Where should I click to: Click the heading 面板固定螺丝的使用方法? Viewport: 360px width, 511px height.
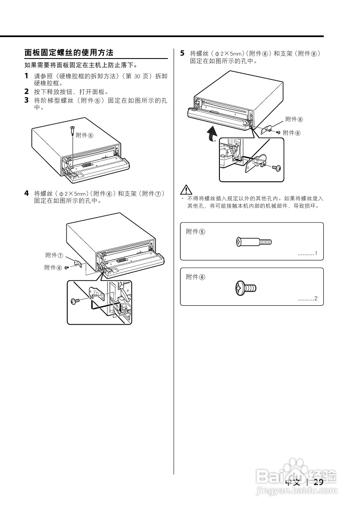(69, 53)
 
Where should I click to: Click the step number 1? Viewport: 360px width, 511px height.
(26, 76)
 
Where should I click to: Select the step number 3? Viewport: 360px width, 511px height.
(26, 100)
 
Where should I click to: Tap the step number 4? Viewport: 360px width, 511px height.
(26, 193)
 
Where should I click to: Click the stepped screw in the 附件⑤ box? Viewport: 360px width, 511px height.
(254, 242)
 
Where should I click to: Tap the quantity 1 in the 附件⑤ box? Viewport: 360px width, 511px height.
(316, 253)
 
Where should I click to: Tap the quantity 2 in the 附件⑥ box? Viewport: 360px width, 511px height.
(316, 298)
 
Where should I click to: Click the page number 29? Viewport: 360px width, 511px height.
(318, 483)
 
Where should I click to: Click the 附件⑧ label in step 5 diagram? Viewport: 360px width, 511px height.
(294, 120)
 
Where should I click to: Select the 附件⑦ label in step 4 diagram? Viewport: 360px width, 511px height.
(54, 255)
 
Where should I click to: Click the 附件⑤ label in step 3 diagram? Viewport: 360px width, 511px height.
(85, 135)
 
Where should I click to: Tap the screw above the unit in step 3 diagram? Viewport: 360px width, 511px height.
(72, 131)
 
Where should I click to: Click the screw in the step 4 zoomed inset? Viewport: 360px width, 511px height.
(75, 301)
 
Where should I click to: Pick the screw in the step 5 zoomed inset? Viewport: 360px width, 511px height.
(277, 168)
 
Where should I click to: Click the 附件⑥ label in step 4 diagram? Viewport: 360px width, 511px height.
(53, 268)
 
